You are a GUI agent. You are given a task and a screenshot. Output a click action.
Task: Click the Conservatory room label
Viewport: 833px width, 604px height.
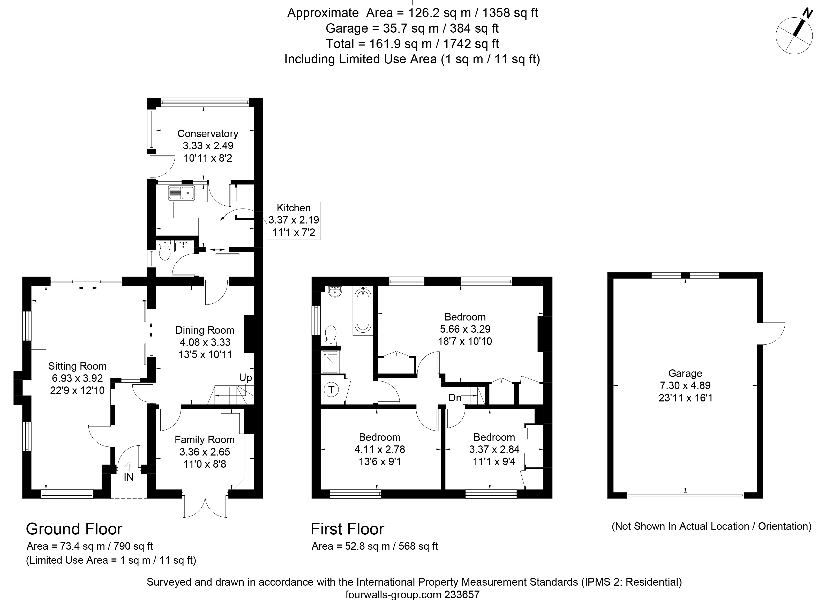click(x=208, y=133)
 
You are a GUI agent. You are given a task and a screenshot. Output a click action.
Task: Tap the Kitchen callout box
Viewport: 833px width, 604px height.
click(x=294, y=221)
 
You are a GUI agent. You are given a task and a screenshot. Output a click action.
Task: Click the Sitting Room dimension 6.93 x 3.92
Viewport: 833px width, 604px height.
click(x=77, y=378)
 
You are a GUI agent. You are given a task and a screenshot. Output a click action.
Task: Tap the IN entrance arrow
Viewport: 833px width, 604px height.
click(x=129, y=467)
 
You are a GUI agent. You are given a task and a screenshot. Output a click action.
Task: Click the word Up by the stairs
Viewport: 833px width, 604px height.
click(x=246, y=378)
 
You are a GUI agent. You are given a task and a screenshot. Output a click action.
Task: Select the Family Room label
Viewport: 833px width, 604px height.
click(x=205, y=439)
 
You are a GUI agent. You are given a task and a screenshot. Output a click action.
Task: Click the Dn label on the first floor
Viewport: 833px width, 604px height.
click(x=455, y=398)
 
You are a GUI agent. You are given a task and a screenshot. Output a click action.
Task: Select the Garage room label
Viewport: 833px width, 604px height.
click(x=685, y=373)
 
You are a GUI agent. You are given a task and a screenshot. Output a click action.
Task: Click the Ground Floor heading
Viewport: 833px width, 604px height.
click(x=74, y=529)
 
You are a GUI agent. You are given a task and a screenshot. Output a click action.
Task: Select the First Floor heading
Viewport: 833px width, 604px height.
click(x=348, y=529)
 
